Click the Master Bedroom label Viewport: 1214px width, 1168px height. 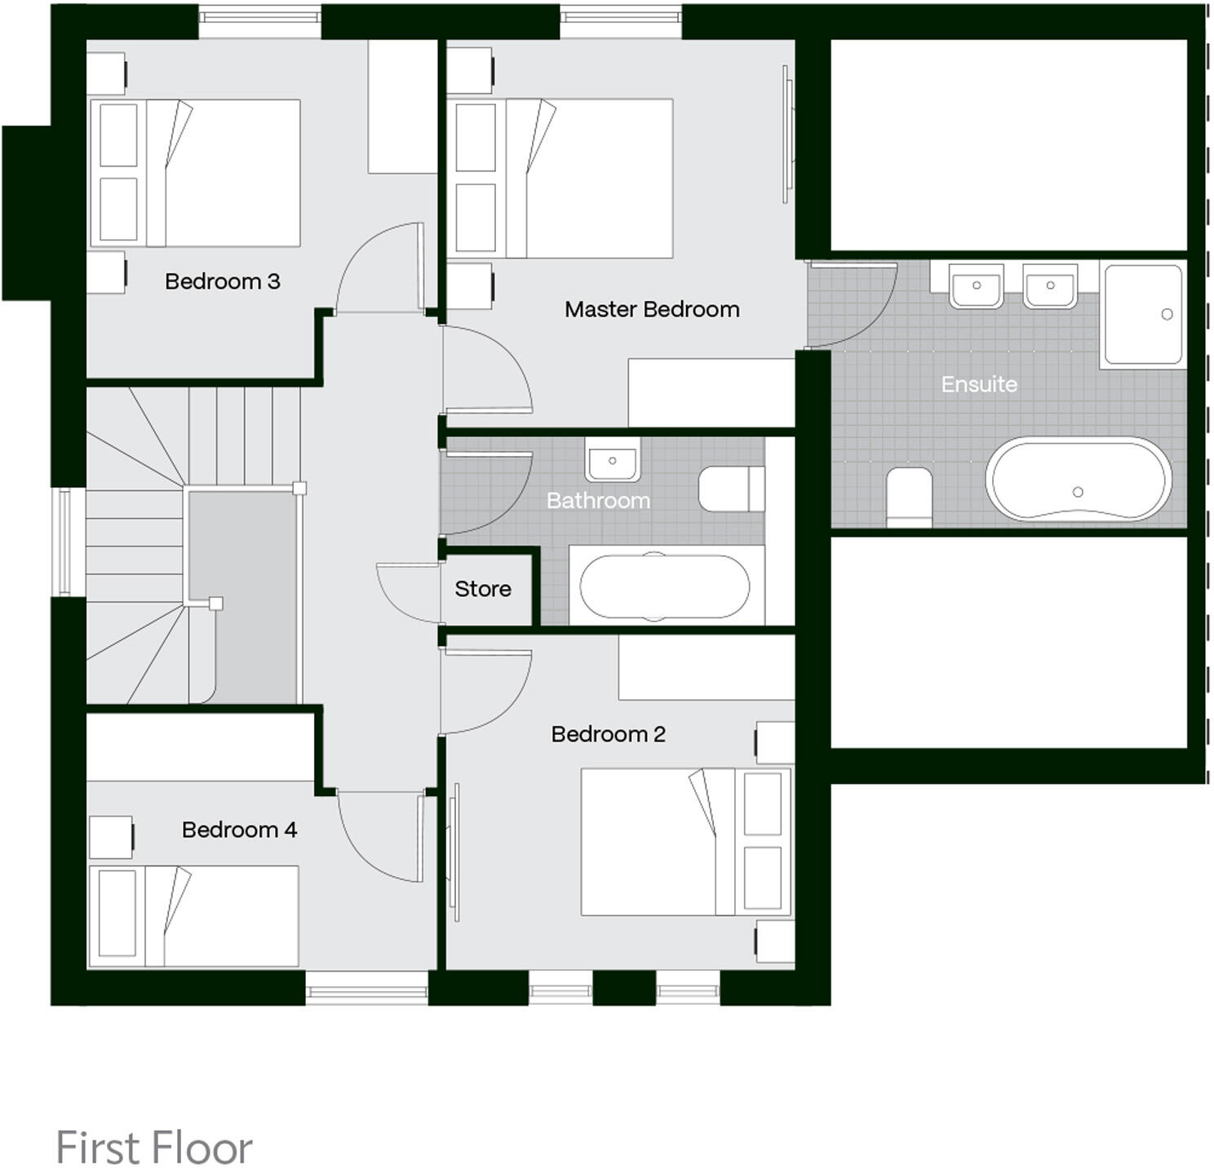coord(651,309)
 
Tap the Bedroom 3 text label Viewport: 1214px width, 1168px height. coord(222,281)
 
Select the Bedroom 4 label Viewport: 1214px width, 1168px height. coord(239,830)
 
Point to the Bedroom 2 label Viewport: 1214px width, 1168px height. coord(608,734)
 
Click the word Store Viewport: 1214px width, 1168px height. coord(482,589)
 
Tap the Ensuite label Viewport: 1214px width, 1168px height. coord(979,384)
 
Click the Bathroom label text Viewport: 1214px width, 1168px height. coord(598,500)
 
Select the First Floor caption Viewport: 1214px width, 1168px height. coord(154,1148)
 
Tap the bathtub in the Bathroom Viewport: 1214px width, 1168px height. coord(664,586)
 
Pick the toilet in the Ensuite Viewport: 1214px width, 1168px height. coord(909,496)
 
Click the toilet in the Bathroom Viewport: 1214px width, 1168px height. coord(731,489)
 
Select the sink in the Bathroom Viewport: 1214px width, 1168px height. coord(612,461)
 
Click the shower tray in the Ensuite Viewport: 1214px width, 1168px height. coord(1142,315)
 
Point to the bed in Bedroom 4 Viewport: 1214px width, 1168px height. coord(194,916)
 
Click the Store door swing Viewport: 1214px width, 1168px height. coord(408,591)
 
